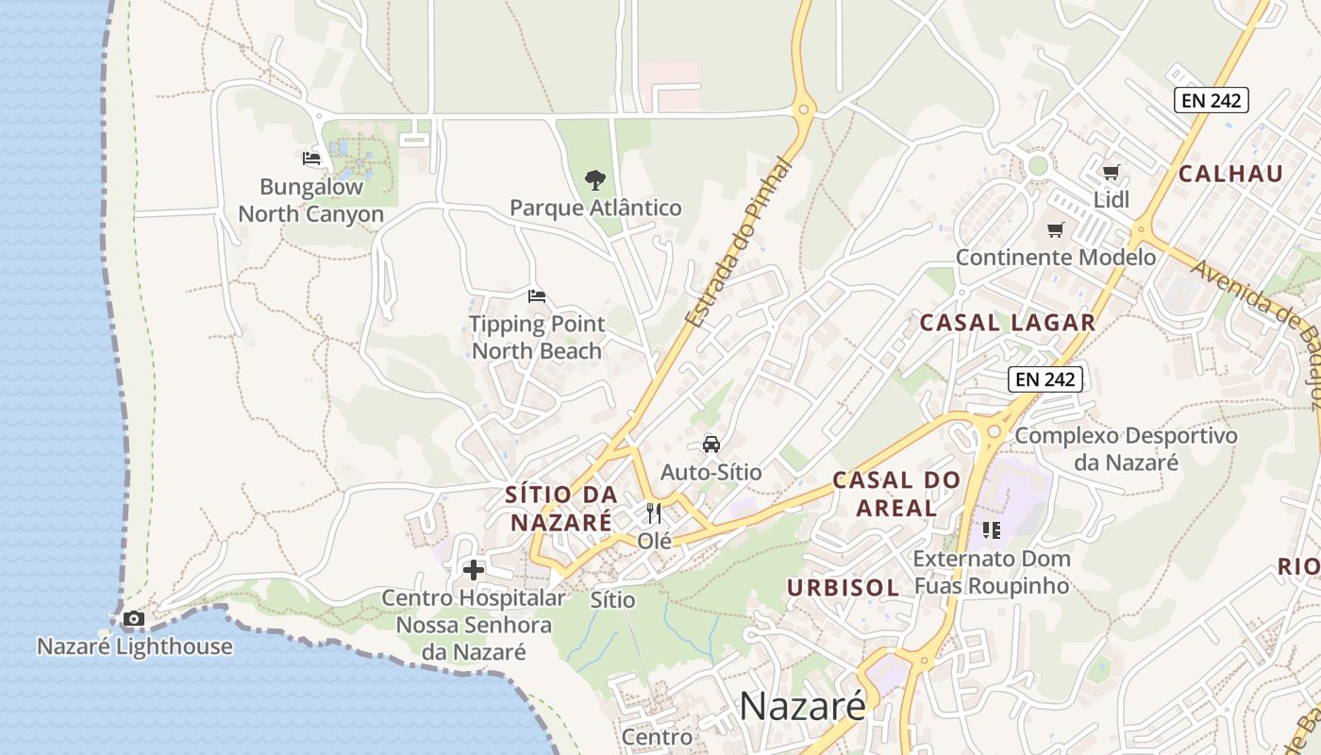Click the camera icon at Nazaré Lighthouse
[x=134, y=619]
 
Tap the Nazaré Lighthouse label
[x=134, y=646]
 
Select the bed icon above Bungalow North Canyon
[x=311, y=159]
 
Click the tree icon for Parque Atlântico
[x=594, y=179]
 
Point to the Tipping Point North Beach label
[x=537, y=338]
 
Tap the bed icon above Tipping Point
[x=537, y=296]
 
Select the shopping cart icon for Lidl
[x=1112, y=172]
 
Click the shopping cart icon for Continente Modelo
[x=1056, y=230]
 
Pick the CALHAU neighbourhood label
[x=1230, y=174]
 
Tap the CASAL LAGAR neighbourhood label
[x=1008, y=323]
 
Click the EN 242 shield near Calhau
[x=1212, y=99]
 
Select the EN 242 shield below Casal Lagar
[x=1045, y=379]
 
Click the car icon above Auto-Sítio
[x=711, y=444]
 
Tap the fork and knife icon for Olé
[x=654, y=513]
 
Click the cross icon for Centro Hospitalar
[x=474, y=570]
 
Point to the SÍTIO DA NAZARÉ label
[x=561, y=508]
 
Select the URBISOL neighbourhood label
[x=844, y=587]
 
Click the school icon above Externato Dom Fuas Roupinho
[x=991, y=530]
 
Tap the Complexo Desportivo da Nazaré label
[x=1126, y=449]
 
